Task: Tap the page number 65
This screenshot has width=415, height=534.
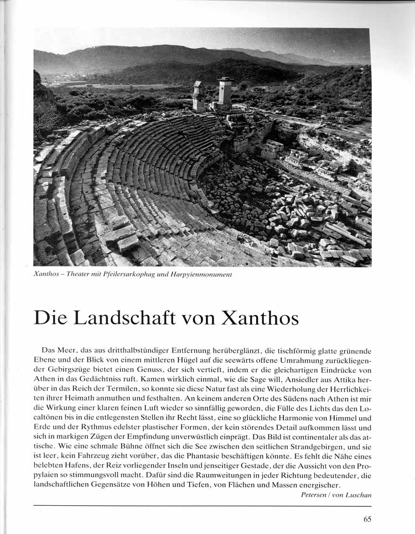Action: pyautogui.click(x=367, y=519)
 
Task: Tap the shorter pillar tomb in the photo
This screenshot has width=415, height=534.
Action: pyautogui.click(x=198, y=96)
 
